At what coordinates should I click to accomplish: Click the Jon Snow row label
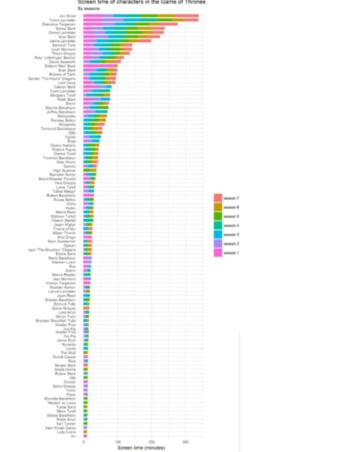click(67, 16)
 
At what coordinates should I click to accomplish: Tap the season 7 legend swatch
click(218, 199)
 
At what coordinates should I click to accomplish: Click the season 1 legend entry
click(230, 253)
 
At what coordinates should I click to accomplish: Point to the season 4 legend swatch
click(218, 226)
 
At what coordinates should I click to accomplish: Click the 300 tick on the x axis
click(185, 442)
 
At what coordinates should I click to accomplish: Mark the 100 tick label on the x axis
click(117, 442)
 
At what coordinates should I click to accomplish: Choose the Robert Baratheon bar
click(89, 196)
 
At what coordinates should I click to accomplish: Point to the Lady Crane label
click(68, 432)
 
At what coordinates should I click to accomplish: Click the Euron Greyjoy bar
click(87, 308)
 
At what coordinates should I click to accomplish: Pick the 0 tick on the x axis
click(83, 442)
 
